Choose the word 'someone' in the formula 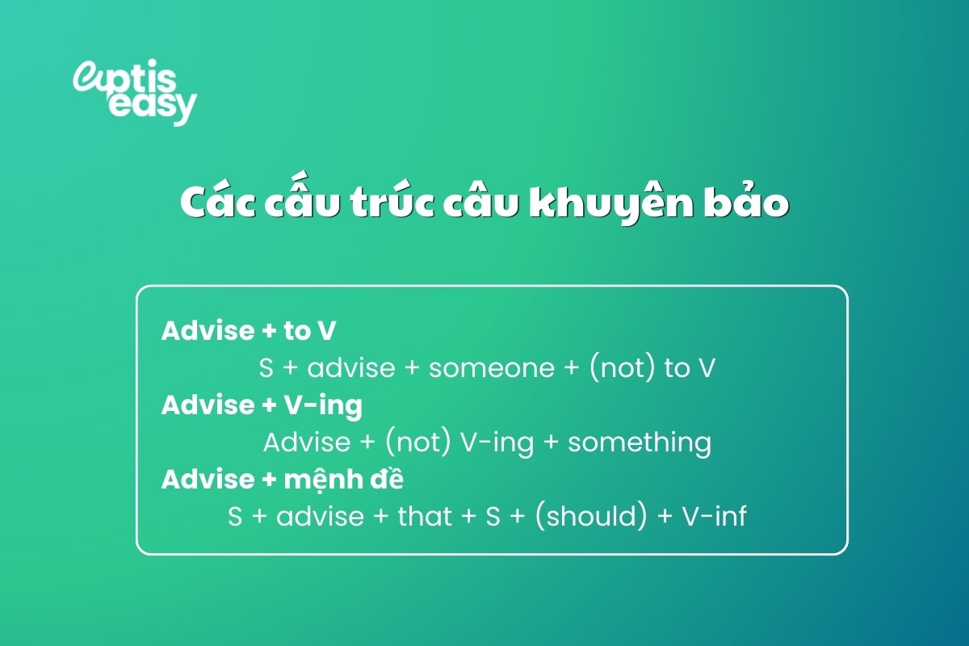[493, 368]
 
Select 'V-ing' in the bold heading [322, 405]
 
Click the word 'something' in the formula [640, 443]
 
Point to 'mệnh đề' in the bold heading [343, 479]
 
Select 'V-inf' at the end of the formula [715, 516]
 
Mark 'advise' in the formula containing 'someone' [351, 368]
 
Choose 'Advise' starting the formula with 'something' [307, 443]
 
